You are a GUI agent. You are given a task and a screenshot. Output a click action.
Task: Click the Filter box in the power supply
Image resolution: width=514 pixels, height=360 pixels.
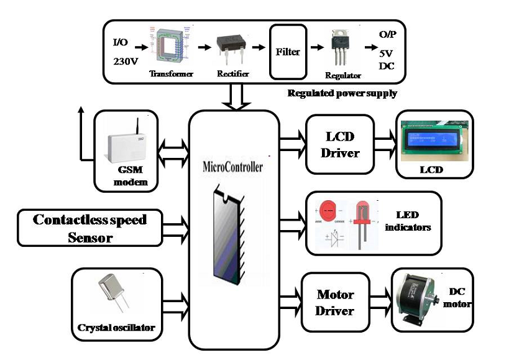pos(288,51)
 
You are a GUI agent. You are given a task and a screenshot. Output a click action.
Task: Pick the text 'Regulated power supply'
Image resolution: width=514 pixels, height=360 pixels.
pos(342,93)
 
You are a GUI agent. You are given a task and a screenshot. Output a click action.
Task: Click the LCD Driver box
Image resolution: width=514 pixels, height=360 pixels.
pos(340,145)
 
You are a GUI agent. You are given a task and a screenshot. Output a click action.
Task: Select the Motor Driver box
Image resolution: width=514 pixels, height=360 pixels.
pos(336,302)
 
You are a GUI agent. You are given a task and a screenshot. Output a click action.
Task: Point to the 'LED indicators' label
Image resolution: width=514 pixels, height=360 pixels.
pos(408,221)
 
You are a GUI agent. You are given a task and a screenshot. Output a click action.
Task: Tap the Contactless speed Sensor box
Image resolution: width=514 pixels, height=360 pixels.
pos(89,228)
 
